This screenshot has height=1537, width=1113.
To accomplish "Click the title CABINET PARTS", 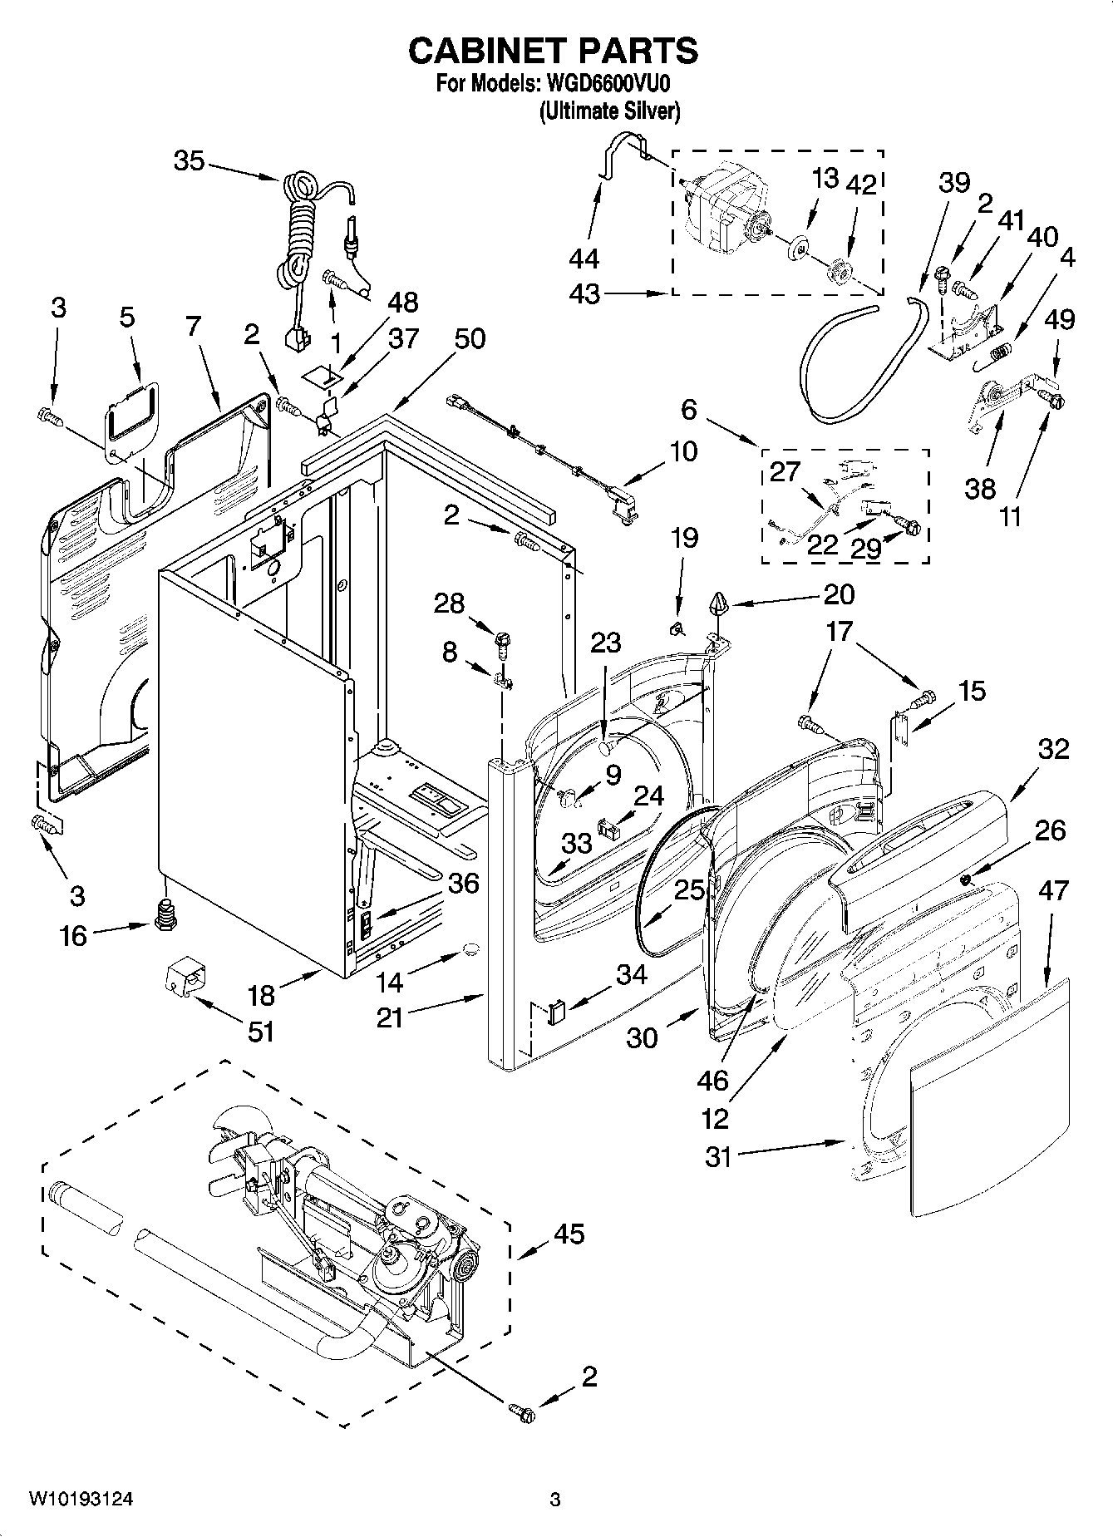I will point(553,51).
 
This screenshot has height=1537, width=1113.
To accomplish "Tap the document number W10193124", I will point(81,1500).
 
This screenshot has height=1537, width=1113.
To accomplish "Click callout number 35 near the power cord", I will point(189,160).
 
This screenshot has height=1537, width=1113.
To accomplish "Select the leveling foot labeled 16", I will point(166,913).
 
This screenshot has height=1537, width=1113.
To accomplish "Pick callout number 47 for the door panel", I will point(1053,890).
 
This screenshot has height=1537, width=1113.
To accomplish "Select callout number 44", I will point(584,259).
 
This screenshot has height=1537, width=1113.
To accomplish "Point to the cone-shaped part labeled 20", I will point(720,604).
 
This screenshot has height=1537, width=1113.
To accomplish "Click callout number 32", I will point(1053,749).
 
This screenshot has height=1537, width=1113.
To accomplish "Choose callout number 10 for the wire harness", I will point(682,451).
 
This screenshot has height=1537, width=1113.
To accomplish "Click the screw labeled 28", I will point(503,638).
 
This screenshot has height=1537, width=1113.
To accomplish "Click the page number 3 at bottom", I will point(555,1500).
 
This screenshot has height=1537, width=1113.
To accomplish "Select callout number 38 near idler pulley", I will point(980,488).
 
